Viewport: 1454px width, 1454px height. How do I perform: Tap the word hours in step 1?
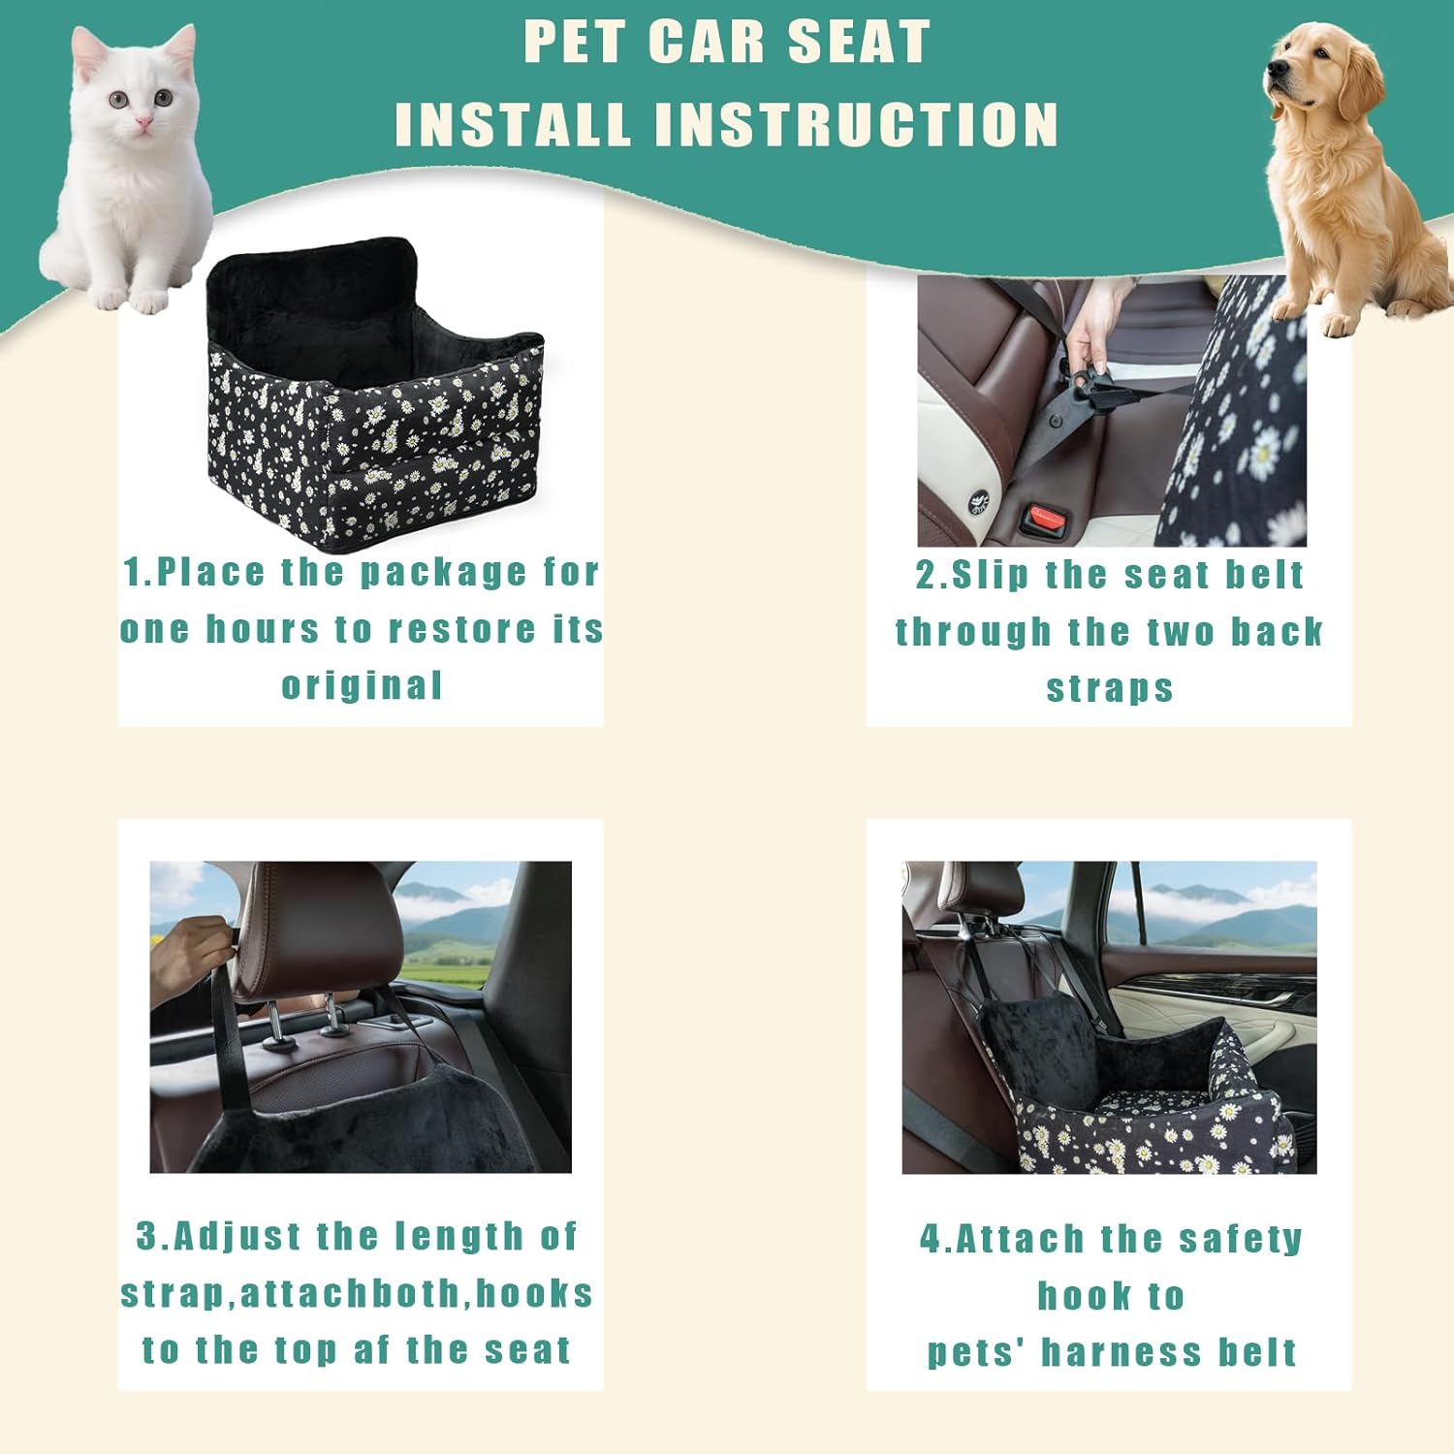[262, 629]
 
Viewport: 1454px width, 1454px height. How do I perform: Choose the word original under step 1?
[362, 685]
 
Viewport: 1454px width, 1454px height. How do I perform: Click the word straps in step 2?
[1110, 688]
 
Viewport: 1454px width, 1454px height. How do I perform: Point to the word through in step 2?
[973, 632]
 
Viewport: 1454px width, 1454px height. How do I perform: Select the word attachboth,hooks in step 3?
[416, 1293]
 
